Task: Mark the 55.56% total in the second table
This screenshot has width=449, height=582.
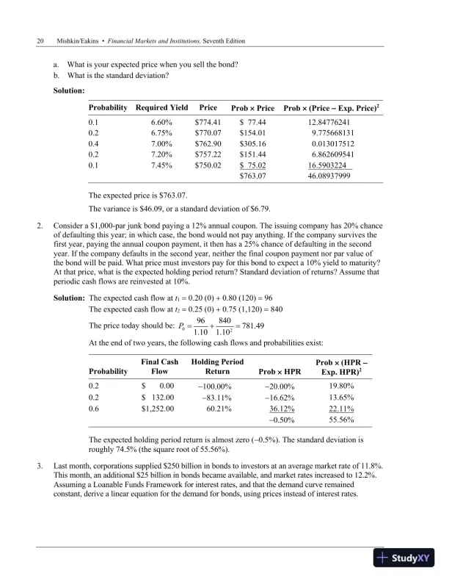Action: (342, 420)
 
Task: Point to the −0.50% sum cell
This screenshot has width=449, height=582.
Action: (282, 420)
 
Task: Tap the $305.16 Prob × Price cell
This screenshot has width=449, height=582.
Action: (252, 144)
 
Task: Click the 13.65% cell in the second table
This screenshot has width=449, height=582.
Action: (342, 397)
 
